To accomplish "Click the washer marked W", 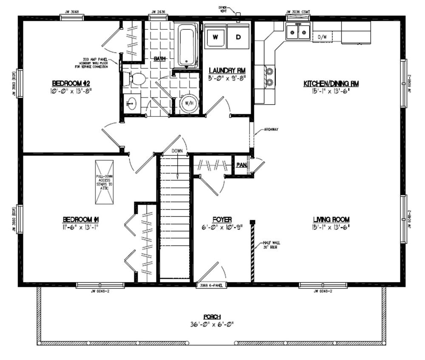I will [x=215, y=37].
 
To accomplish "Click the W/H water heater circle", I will [x=189, y=103].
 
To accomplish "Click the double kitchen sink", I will [x=297, y=32].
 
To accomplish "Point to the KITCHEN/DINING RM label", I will [x=331, y=84].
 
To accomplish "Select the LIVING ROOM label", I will [x=331, y=219].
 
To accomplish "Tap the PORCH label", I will [x=212, y=317].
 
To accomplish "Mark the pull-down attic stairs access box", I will [x=104, y=182].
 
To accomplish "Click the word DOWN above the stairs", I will [x=177, y=151].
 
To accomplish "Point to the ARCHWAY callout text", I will [x=271, y=130].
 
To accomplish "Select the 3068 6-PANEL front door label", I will [x=211, y=286].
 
